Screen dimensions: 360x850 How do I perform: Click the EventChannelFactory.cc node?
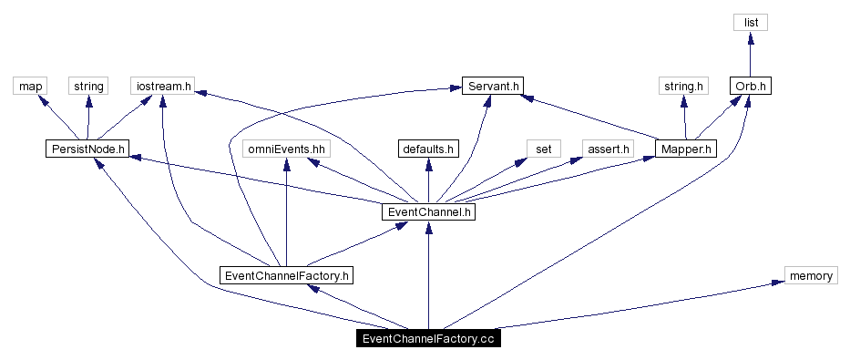(428, 339)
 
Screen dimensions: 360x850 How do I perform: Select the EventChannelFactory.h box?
(287, 274)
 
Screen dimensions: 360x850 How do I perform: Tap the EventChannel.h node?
(428, 211)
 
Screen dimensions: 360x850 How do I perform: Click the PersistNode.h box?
(87, 148)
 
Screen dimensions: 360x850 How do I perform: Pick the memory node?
(810, 275)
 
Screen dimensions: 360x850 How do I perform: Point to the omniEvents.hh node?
(287, 148)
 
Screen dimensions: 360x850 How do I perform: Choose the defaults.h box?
(428, 148)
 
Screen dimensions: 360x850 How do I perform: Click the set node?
(544, 148)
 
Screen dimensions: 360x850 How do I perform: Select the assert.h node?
(608, 148)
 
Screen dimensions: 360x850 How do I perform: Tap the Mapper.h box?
(686, 148)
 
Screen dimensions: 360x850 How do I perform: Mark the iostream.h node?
(163, 86)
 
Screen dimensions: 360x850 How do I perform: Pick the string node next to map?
(88, 86)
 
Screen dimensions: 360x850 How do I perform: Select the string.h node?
(683, 86)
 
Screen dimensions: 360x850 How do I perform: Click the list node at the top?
(752, 22)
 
